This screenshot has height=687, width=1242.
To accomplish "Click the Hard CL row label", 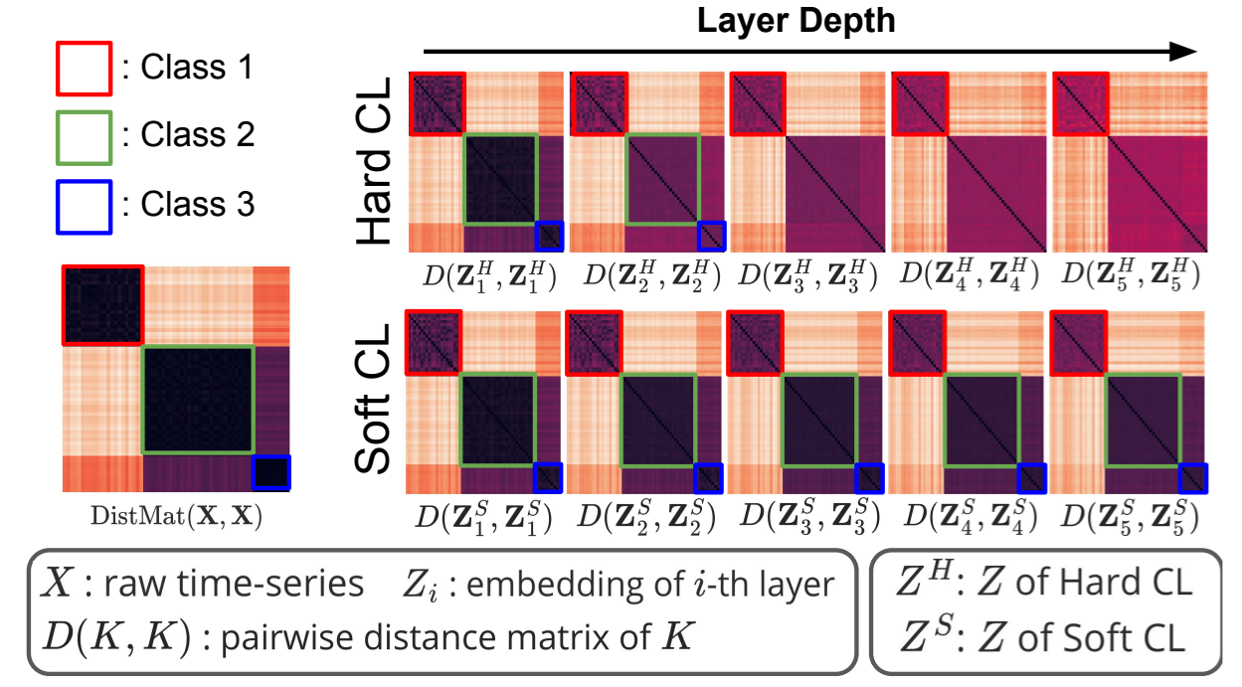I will (376, 162).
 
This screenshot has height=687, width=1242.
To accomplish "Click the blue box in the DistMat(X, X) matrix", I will (269, 472).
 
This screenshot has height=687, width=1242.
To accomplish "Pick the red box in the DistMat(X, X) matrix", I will (102, 304).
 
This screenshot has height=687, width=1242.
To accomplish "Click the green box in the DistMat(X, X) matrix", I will (198, 400).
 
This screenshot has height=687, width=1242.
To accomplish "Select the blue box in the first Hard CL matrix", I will (549, 236).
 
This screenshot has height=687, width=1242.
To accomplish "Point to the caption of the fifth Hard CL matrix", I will (1128, 274).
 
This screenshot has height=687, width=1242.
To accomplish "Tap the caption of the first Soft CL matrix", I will (483, 517).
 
